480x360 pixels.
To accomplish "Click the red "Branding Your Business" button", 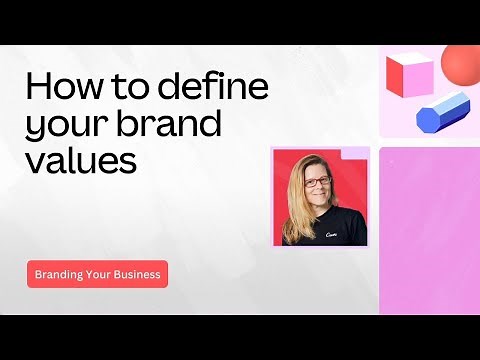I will tap(97, 274).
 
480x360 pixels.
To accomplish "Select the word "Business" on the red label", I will tap(137, 274).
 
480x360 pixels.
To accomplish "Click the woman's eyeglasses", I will tap(316, 181).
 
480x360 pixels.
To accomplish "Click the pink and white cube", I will tap(408, 76).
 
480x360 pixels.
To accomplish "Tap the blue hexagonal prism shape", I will tap(443, 111).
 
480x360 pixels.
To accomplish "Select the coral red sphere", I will tap(461, 65).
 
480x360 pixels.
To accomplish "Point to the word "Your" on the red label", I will tap(100, 274).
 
